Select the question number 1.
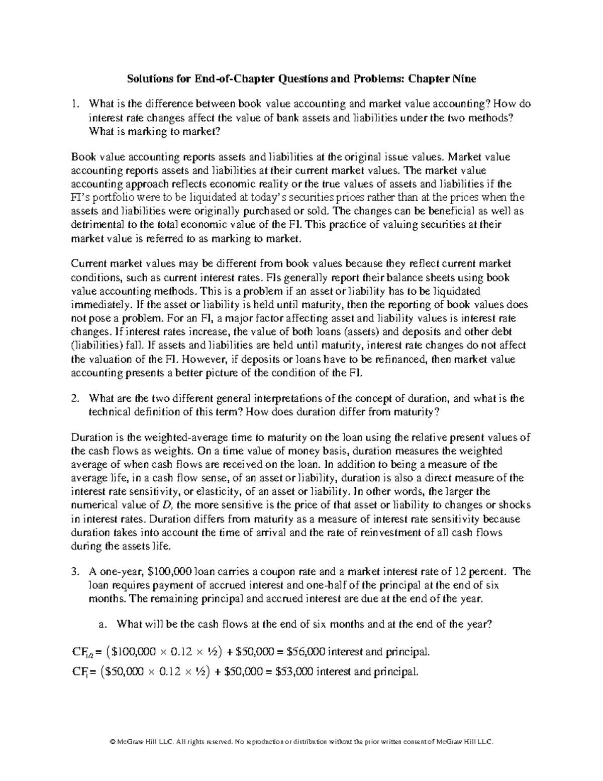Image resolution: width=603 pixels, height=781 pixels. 75,104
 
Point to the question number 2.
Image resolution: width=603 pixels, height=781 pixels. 75,398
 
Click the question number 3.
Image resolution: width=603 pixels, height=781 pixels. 75,572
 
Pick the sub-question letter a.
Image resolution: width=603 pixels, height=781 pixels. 103,624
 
